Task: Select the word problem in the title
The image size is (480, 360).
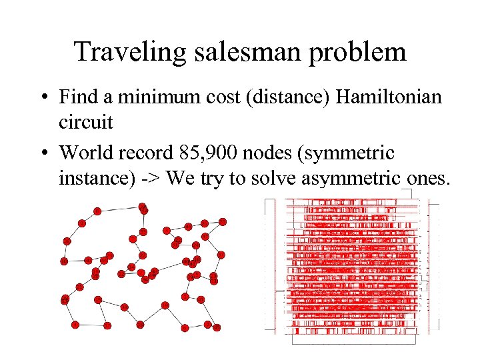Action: click(x=361, y=51)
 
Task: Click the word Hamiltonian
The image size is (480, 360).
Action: click(x=389, y=97)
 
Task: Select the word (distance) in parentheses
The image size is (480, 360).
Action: click(x=280, y=97)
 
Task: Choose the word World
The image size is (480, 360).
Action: click(x=86, y=153)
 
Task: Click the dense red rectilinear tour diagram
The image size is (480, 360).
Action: click(x=353, y=267)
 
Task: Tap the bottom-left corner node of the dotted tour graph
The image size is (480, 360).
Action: click(x=75, y=325)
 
